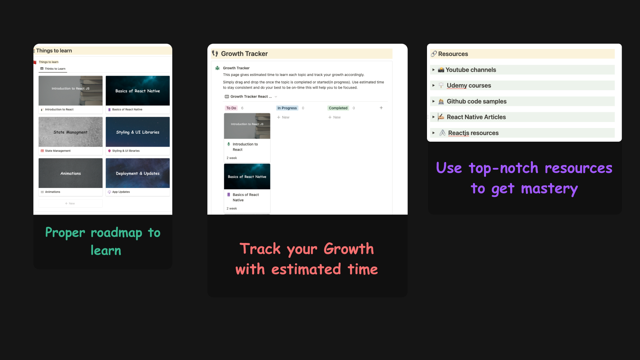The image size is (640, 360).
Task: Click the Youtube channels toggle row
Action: (470, 70)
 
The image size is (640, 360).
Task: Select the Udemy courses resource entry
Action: (468, 86)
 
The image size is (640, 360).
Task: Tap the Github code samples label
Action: (476, 102)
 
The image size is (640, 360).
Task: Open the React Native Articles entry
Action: (476, 117)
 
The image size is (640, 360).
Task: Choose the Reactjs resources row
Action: (473, 133)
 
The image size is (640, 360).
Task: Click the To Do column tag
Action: (231, 108)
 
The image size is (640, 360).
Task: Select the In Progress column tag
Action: (287, 108)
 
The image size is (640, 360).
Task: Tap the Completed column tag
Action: (338, 108)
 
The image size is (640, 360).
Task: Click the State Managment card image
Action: (70, 132)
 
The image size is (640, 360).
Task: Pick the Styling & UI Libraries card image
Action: (138, 132)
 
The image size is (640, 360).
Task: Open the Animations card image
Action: (70, 173)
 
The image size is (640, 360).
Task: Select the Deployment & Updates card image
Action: (138, 173)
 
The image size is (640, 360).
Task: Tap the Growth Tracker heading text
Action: (244, 54)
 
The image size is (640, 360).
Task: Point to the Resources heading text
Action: (453, 54)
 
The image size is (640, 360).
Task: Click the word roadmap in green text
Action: (116, 233)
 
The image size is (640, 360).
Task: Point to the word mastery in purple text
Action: (549, 189)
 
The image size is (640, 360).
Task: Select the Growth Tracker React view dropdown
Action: (251, 97)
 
